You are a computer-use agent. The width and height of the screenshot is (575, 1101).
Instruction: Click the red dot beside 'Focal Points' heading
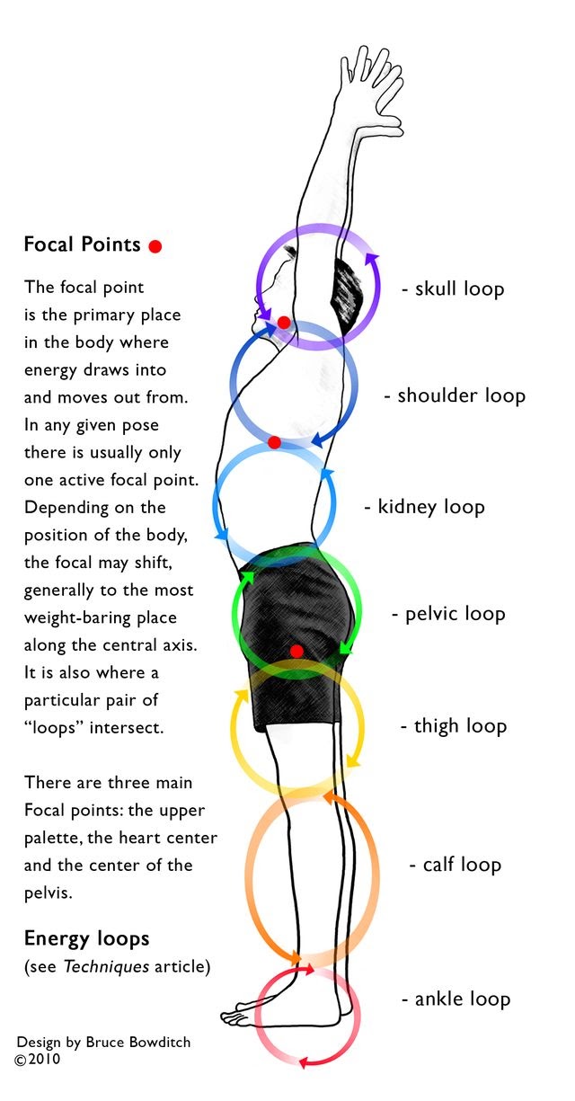click(155, 245)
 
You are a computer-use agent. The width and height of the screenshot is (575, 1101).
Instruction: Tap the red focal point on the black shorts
click(297, 651)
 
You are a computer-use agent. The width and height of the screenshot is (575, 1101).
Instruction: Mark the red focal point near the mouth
click(283, 322)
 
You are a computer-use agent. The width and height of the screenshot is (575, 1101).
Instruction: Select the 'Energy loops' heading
click(86, 939)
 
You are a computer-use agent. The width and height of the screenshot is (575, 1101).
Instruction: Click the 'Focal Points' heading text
click(82, 244)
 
